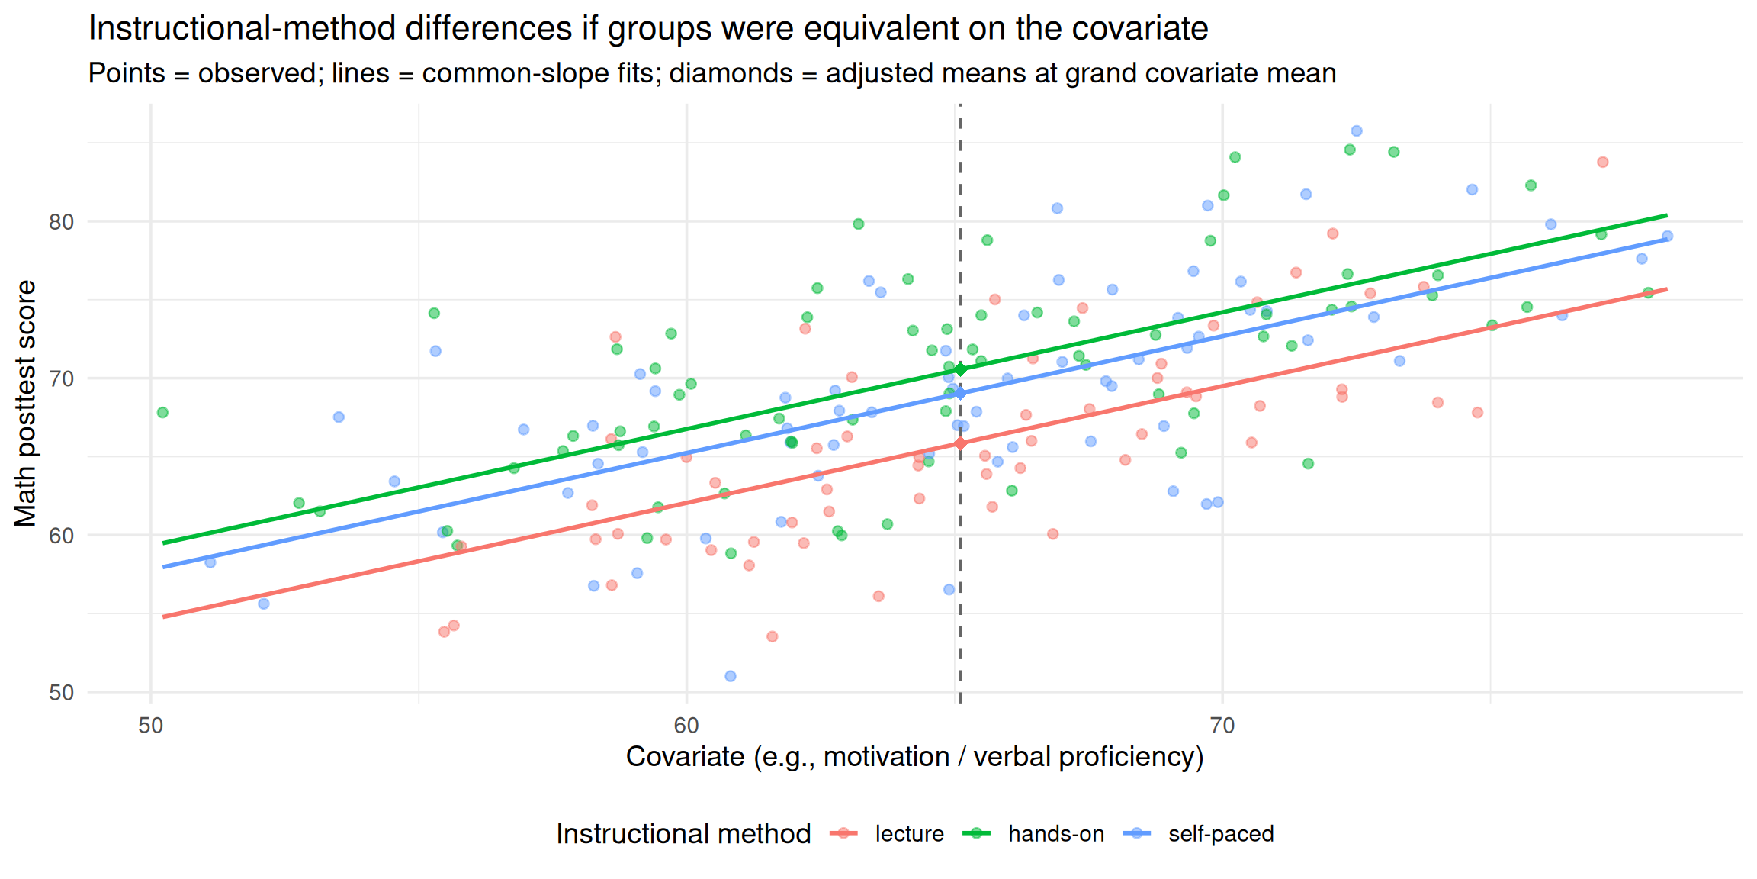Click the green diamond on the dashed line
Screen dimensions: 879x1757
[960, 369]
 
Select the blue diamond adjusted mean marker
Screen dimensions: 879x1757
[960, 393]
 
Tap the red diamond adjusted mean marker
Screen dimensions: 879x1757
[960, 443]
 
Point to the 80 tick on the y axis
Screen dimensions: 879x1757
[61, 222]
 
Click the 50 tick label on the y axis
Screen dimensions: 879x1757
[61, 693]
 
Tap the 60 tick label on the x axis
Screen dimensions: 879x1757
[686, 726]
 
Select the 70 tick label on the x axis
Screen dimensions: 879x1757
[1222, 726]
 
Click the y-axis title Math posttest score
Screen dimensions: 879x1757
[25, 404]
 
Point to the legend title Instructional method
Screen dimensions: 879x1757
[683, 834]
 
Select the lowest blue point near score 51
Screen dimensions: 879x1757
[731, 676]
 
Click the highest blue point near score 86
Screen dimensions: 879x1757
[1357, 131]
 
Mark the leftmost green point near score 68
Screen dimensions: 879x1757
[162, 413]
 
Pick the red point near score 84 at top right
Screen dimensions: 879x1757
[1603, 162]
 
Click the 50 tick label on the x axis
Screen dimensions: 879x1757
[151, 726]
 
